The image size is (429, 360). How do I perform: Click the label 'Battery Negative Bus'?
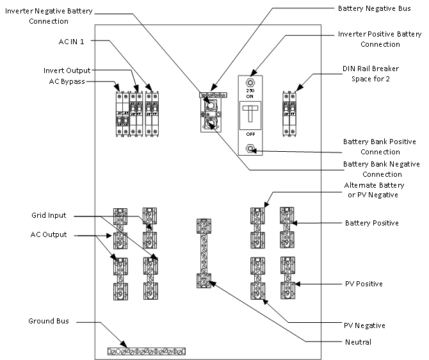click(x=371, y=9)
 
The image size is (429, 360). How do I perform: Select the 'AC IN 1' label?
click(x=71, y=40)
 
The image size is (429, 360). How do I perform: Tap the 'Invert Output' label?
click(x=67, y=70)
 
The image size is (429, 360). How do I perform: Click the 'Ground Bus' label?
click(x=48, y=320)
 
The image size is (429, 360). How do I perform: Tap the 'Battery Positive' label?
click(x=371, y=223)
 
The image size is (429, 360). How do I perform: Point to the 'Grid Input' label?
click(x=48, y=215)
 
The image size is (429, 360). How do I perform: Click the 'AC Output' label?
click(x=49, y=234)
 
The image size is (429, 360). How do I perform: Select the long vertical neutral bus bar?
click(x=204, y=253)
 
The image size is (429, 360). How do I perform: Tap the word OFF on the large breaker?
click(x=251, y=135)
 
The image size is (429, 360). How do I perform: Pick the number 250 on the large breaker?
click(x=251, y=90)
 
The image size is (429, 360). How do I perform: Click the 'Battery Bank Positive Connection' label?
click(x=380, y=146)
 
